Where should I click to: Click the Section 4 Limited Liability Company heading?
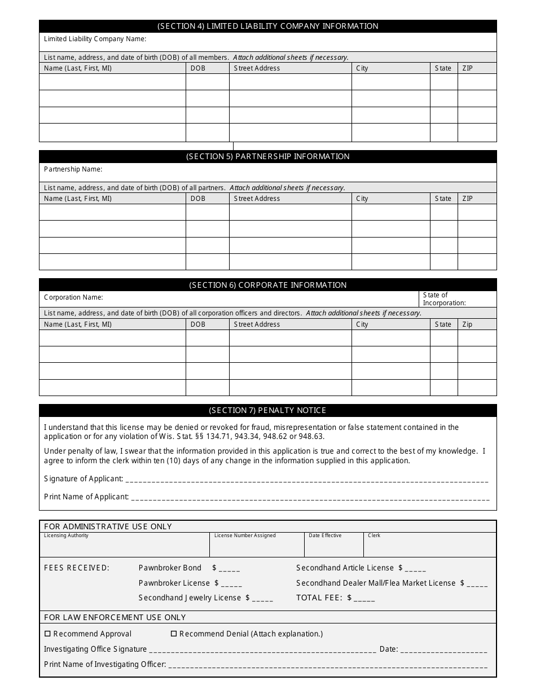click(x=267, y=26)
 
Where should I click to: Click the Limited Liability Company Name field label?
click(x=95, y=39)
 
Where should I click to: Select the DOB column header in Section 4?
click(x=198, y=68)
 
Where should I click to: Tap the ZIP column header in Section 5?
click(x=467, y=199)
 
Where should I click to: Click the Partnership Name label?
click(x=73, y=169)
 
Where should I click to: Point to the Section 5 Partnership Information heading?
click(x=267, y=156)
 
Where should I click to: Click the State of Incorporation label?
click(x=444, y=299)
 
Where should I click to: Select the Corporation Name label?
click(x=73, y=297)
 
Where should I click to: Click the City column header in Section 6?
click(x=362, y=324)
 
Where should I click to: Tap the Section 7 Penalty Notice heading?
click(x=267, y=410)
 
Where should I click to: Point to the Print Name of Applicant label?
click(x=86, y=497)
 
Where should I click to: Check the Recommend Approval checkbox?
click(x=47, y=634)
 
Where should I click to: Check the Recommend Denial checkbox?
click(x=174, y=634)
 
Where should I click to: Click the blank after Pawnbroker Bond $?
click(x=230, y=569)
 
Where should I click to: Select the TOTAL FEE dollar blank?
click(x=364, y=599)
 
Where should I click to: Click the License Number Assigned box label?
click(x=245, y=535)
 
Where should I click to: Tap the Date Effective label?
click(x=324, y=535)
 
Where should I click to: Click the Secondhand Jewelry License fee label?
click(x=190, y=598)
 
